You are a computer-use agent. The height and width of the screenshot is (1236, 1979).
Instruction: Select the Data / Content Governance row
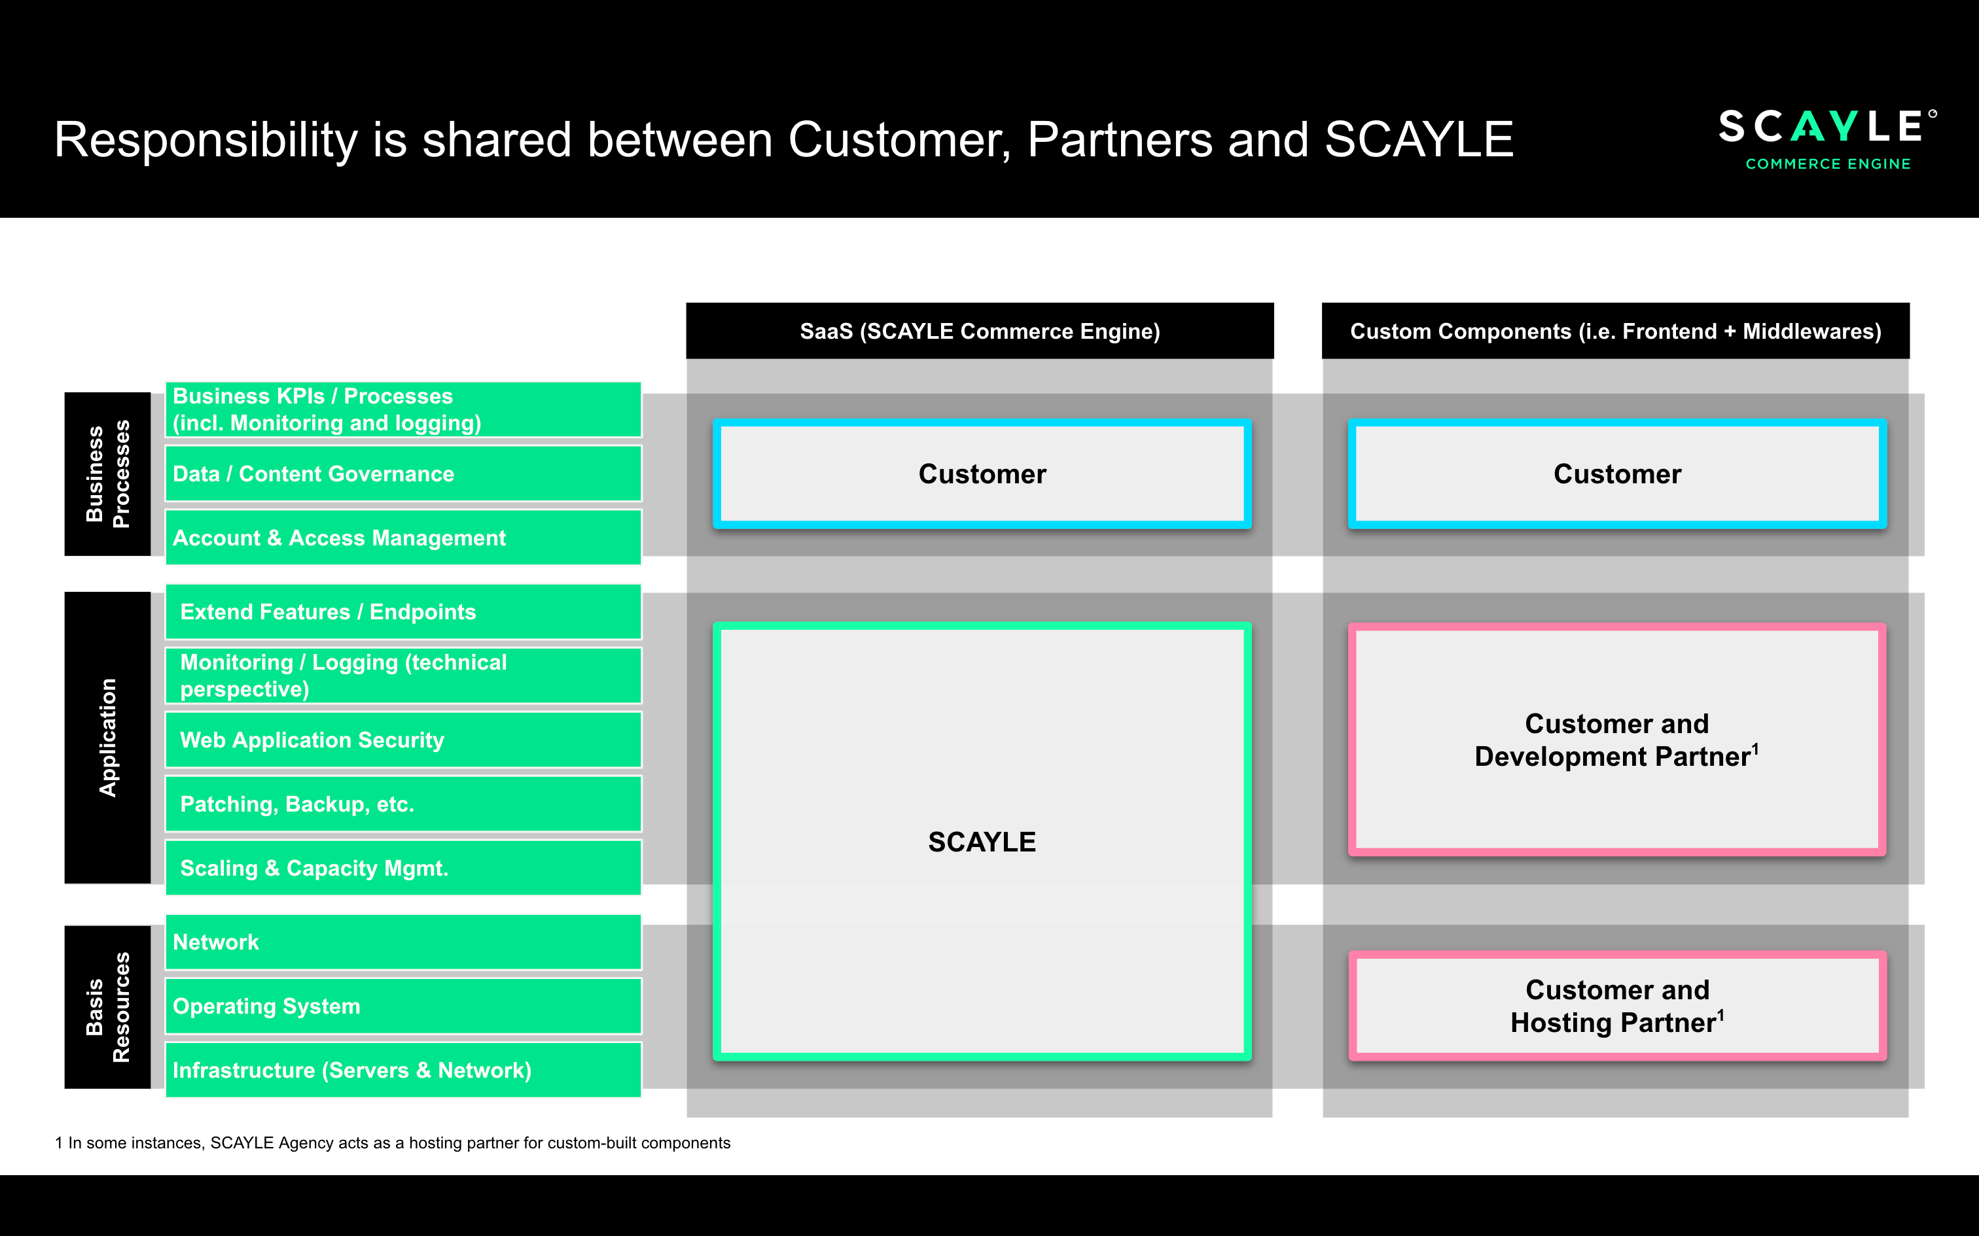402,474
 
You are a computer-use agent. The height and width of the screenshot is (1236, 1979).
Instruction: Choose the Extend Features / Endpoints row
402,611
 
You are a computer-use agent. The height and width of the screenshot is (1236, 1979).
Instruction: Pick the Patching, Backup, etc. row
402,804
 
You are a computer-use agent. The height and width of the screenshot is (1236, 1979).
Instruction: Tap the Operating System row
402,1006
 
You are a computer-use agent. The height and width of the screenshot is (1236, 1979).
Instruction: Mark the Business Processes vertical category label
107,474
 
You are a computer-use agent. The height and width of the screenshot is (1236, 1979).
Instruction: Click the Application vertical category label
107,738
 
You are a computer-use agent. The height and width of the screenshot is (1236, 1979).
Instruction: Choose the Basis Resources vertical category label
107,1007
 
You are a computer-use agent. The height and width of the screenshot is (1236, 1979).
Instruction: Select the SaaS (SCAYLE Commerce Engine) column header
980,331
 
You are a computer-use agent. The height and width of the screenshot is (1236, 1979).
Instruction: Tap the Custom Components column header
1615,331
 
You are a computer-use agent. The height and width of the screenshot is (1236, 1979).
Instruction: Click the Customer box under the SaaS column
982,474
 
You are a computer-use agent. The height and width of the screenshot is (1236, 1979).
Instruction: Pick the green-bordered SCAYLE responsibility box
982,842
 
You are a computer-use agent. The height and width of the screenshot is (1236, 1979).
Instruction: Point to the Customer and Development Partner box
1616,740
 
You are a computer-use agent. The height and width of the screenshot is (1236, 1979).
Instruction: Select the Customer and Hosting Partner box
1616,1006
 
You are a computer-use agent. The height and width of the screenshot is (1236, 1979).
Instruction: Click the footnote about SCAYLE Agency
393,1143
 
